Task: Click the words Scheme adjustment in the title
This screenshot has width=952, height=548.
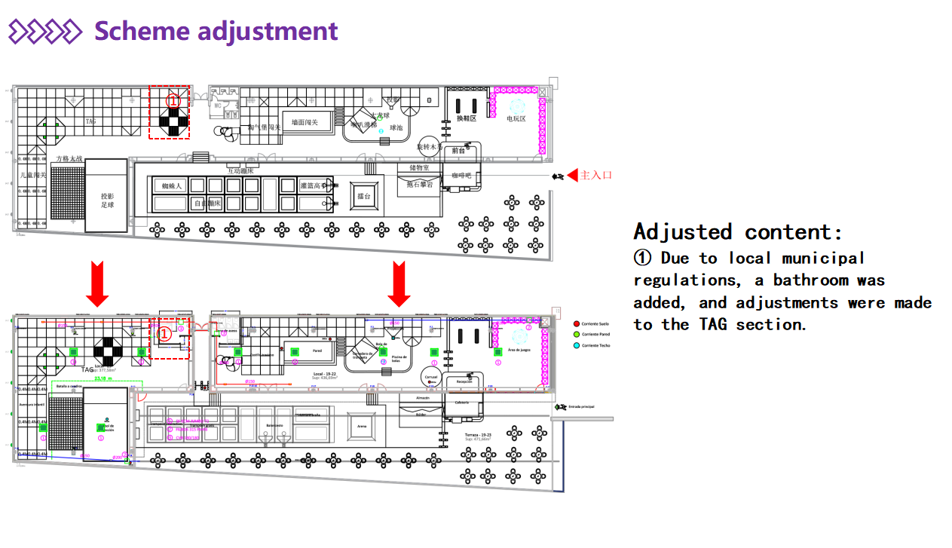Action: click(x=216, y=32)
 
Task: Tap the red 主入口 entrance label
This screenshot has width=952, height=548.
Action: click(x=595, y=176)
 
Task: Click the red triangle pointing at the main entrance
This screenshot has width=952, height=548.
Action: click(x=572, y=176)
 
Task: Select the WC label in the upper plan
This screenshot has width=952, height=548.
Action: click(x=217, y=106)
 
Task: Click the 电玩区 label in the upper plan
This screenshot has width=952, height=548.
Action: click(x=516, y=119)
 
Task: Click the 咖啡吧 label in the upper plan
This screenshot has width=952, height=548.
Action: click(x=461, y=176)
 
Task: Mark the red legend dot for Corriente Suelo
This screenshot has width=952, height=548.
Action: click(x=576, y=323)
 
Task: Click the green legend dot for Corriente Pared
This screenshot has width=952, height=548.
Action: click(x=576, y=334)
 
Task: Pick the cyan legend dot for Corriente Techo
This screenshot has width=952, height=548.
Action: click(x=576, y=345)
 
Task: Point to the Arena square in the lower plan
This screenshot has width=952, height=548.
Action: click(x=362, y=426)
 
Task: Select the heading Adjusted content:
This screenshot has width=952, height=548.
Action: click(x=738, y=231)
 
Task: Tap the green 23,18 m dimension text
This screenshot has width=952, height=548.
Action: click(x=103, y=378)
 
